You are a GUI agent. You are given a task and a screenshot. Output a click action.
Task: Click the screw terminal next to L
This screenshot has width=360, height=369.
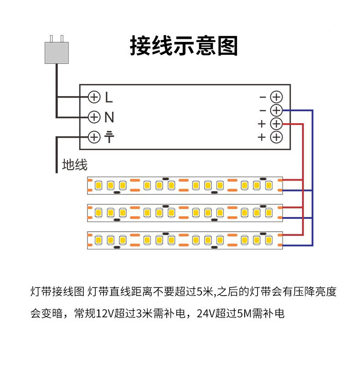pyautogui.click(x=94, y=97)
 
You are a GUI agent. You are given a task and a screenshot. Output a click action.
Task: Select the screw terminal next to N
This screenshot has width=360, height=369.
pyautogui.click(x=94, y=117)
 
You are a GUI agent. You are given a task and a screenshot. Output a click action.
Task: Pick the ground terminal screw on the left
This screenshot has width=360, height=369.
pyautogui.click(x=94, y=137)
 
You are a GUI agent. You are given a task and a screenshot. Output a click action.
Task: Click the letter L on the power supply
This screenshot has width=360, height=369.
pyautogui.click(x=108, y=97)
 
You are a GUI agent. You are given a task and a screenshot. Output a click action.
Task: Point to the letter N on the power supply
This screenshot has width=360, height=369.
pyautogui.click(x=109, y=117)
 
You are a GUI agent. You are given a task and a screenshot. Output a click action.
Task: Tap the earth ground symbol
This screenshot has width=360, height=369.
pyautogui.click(x=109, y=137)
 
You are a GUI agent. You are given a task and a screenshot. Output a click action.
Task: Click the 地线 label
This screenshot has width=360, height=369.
pyautogui.click(x=74, y=165)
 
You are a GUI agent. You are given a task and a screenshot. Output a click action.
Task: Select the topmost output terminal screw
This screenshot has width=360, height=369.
pyautogui.click(x=276, y=97)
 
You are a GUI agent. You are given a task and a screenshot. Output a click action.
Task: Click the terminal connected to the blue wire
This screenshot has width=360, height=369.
pyautogui.click(x=276, y=110)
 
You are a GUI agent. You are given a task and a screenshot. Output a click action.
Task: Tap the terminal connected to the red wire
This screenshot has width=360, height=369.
pyautogui.click(x=276, y=124)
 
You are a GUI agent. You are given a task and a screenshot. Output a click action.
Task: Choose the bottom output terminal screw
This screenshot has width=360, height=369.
pyautogui.click(x=276, y=137)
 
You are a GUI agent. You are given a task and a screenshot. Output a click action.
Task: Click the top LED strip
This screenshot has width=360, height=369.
pyautogui.click(x=185, y=185)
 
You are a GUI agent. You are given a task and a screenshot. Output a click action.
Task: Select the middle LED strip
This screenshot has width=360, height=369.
pyautogui.click(x=185, y=213)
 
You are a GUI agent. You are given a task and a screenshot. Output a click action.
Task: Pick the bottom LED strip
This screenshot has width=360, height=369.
pyautogui.click(x=185, y=240)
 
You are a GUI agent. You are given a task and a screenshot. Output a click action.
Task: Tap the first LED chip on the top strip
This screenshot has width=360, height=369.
pyautogui.click(x=98, y=185)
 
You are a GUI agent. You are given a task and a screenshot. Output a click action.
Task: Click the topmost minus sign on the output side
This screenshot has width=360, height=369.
pyautogui.click(x=262, y=97)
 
